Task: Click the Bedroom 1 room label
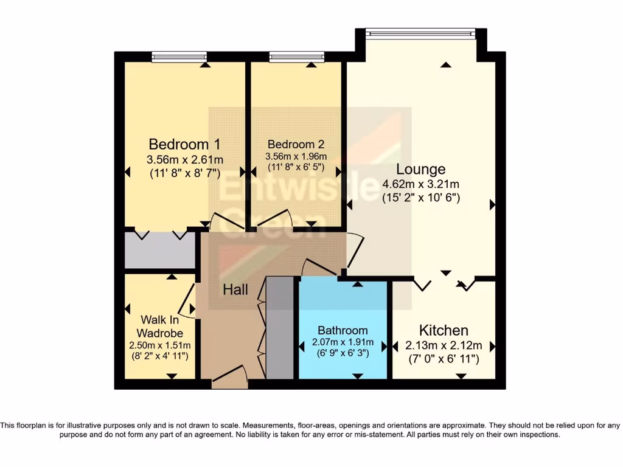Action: point(184,145)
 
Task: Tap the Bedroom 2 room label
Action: point(296,145)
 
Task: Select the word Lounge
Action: point(421,169)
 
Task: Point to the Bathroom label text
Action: point(343,331)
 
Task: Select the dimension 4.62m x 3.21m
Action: point(420,184)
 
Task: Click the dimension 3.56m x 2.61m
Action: point(184,160)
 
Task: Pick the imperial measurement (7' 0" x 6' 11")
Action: point(444,359)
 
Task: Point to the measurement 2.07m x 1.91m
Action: point(343,342)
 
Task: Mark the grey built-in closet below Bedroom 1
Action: point(160,250)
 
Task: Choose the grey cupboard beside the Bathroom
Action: point(280,328)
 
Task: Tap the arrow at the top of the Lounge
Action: point(447,64)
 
